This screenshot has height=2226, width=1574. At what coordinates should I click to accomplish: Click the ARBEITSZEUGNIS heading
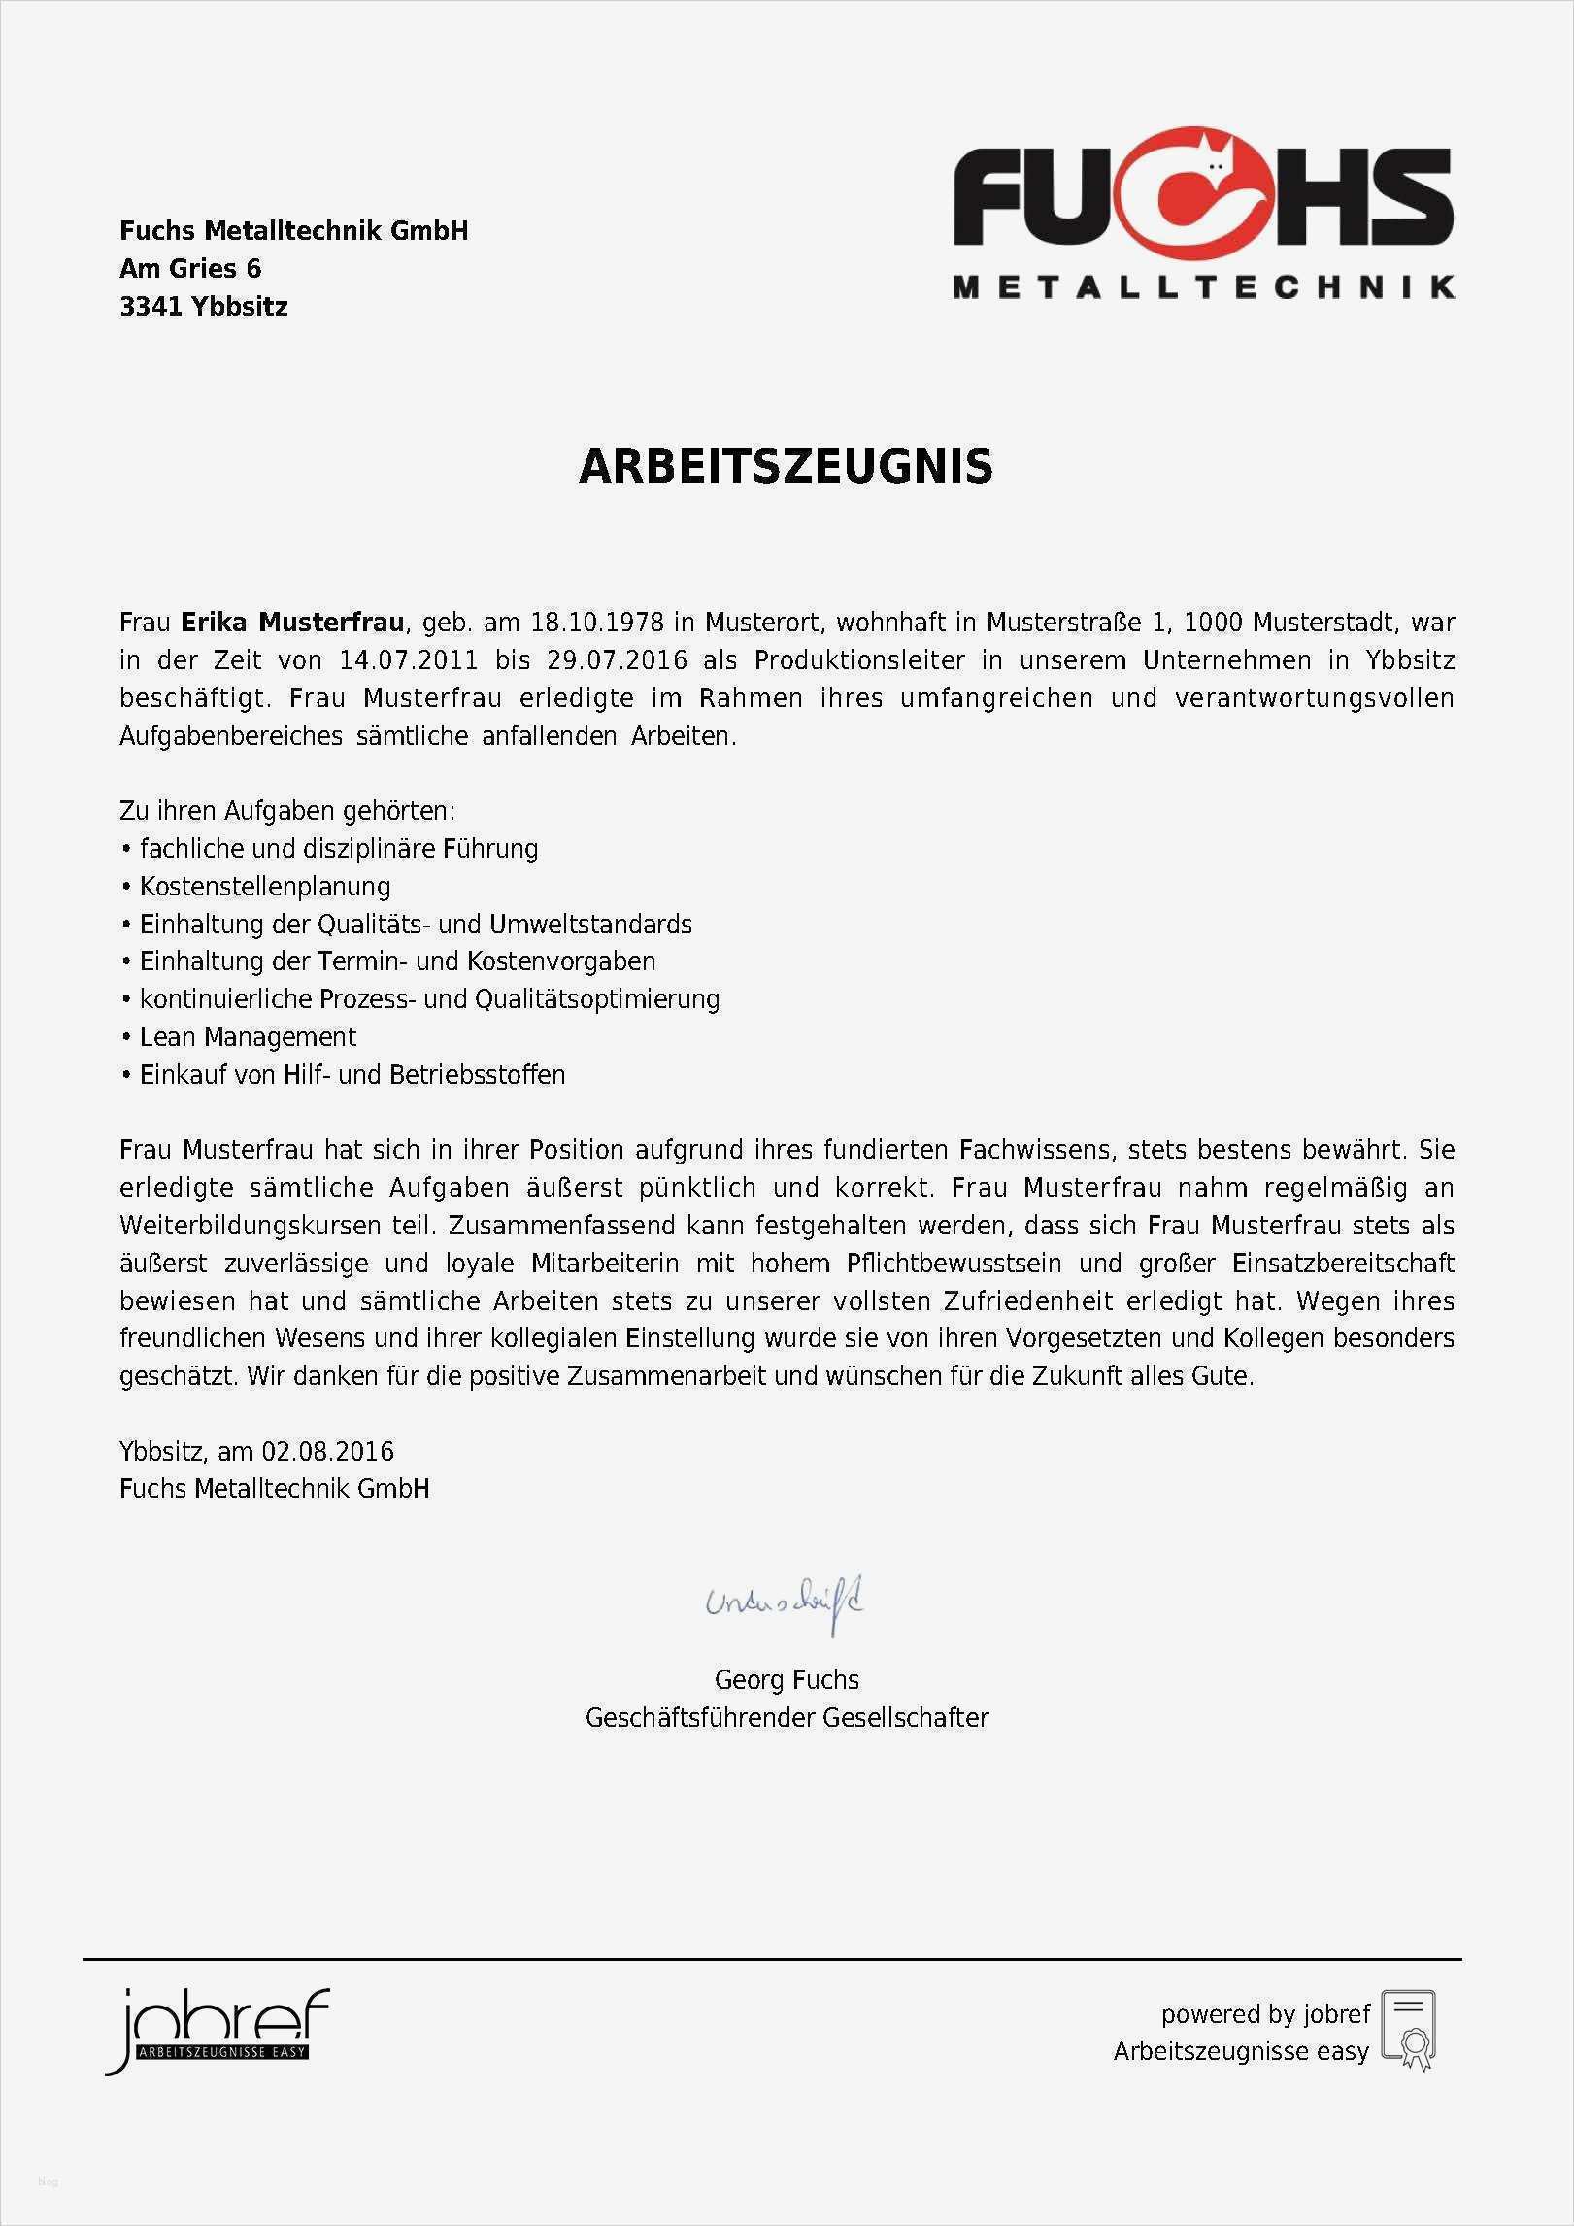(786, 466)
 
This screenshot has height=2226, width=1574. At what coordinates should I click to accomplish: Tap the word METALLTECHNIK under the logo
(1203, 287)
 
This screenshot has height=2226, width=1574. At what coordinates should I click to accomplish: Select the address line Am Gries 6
(190, 268)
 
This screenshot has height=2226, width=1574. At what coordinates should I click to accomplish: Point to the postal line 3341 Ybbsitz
(204, 307)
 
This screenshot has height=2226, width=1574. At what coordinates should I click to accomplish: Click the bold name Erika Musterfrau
(292, 622)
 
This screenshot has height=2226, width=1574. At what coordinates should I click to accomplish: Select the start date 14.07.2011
(408, 660)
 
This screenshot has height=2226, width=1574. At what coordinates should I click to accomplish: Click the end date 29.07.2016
(617, 660)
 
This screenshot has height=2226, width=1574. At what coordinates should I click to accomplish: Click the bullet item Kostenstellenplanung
(265, 886)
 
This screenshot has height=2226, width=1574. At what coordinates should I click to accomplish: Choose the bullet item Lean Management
(248, 1036)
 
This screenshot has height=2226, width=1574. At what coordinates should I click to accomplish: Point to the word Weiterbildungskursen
(250, 1225)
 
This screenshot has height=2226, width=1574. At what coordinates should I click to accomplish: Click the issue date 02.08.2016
(327, 1451)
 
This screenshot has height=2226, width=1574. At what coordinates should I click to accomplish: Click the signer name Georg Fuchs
(787, 1679)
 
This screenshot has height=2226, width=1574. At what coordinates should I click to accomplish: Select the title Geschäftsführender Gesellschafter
(787, 1717)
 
